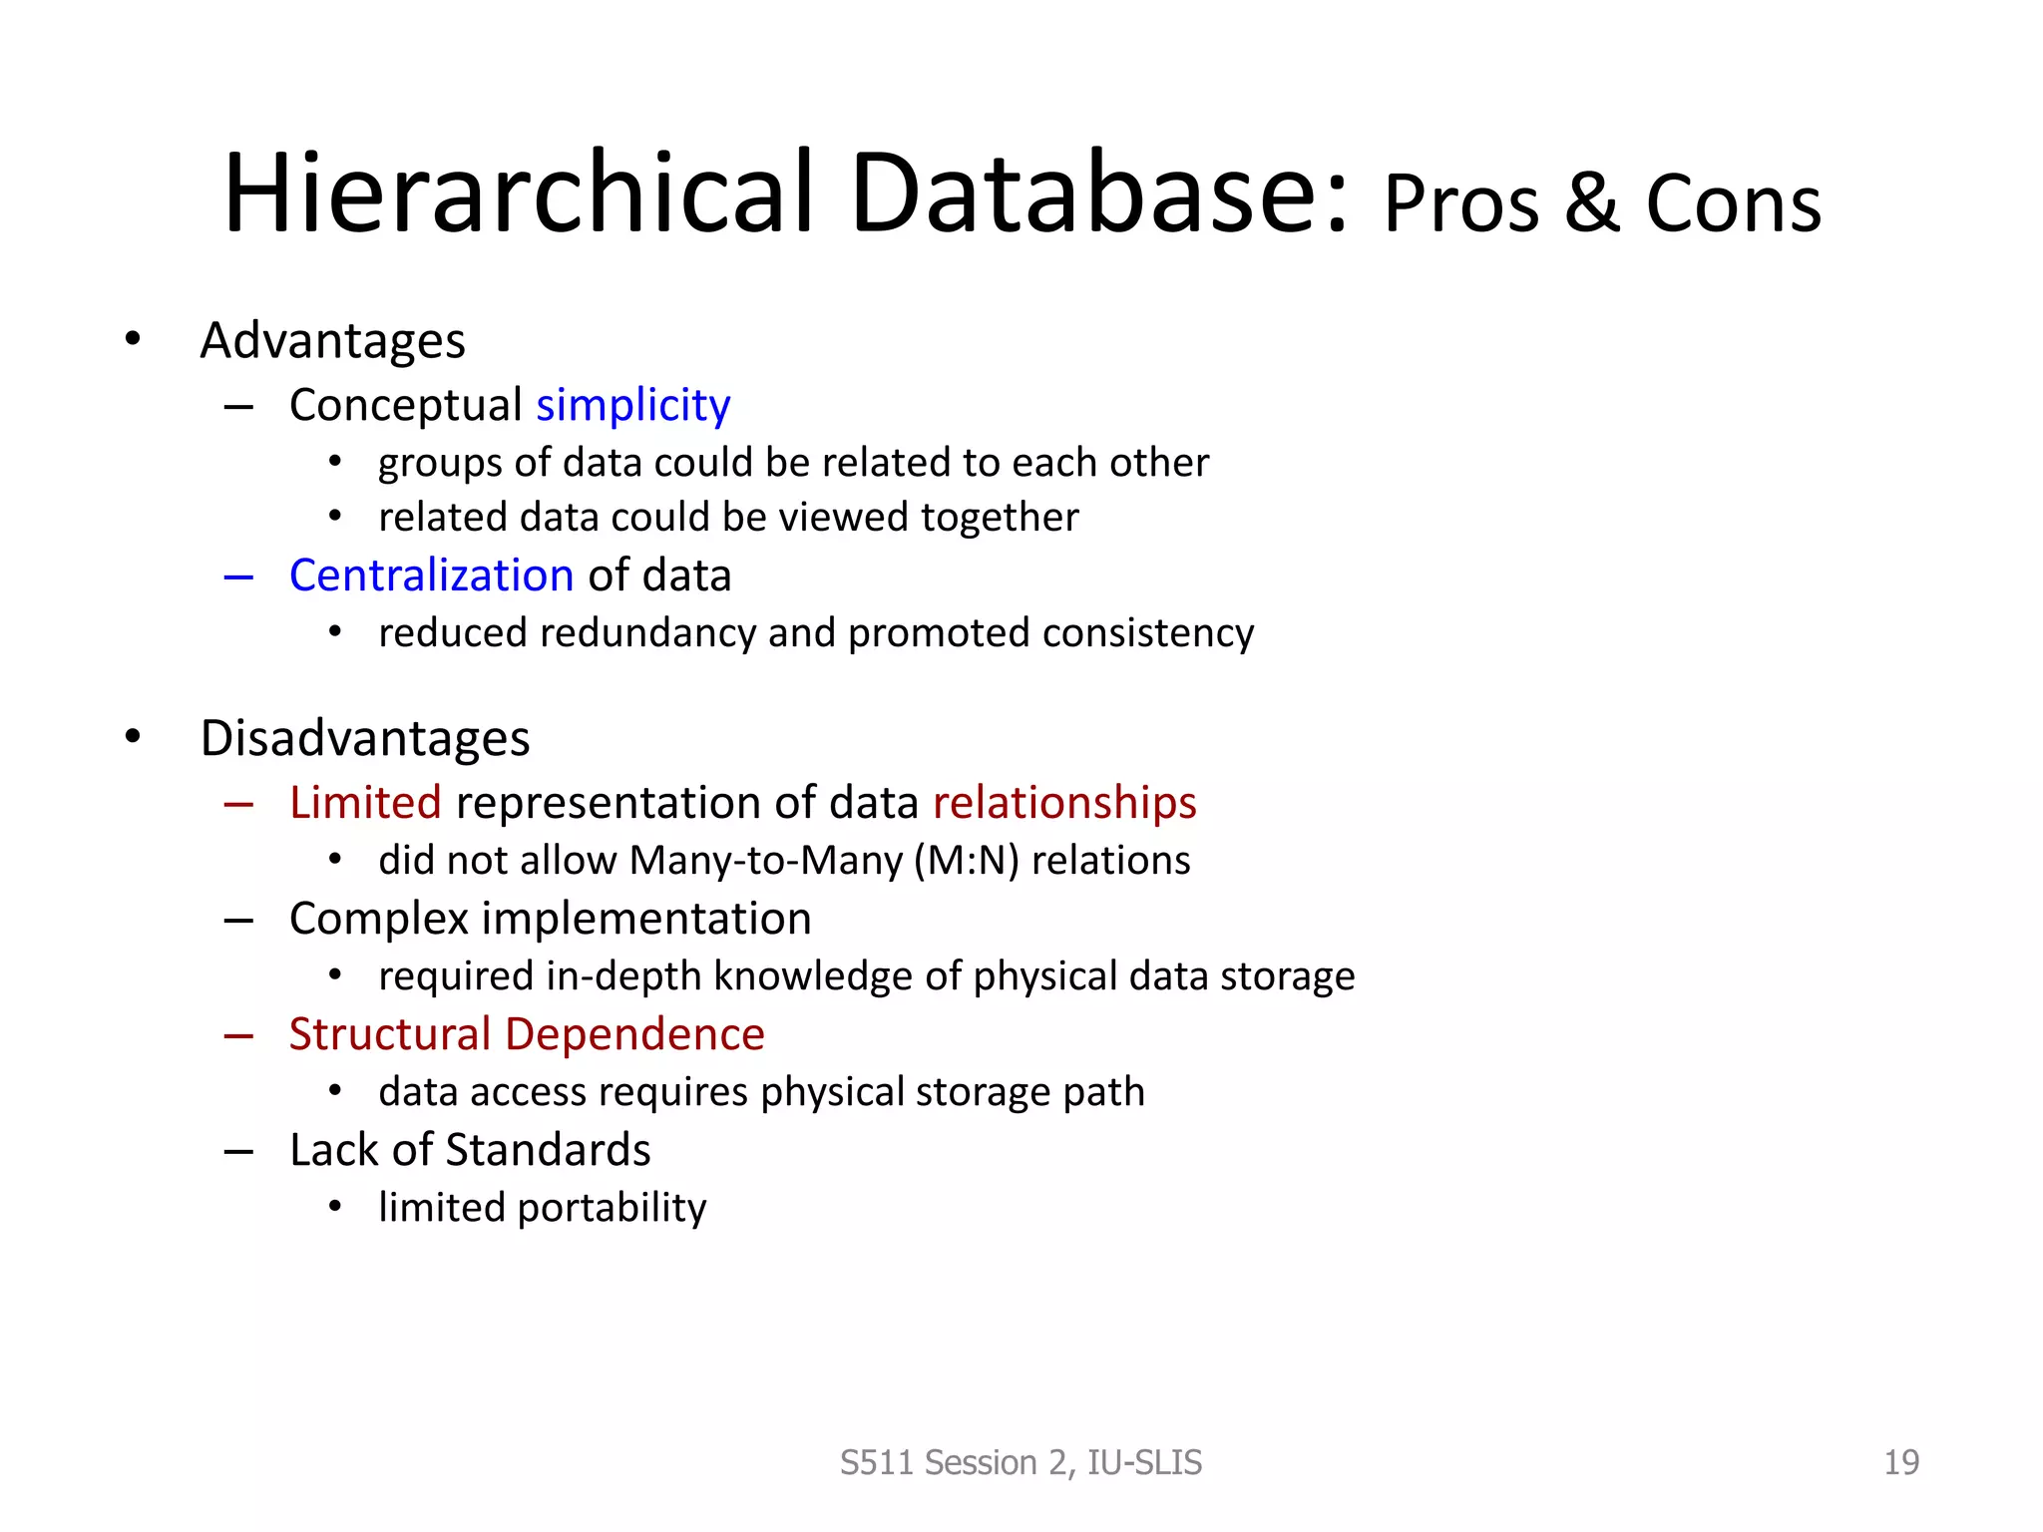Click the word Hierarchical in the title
pyautogui.click(x=519, y=193)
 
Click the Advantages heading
pyautogui.click(x=332, y=341)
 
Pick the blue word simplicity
pyautogui.click(x=632, y=405)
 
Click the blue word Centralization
pyautogui.click(x=431, y=575)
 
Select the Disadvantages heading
pyautogui.click(x=364, y=739)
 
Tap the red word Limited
pyautogui.click(x=365, y=803)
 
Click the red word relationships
pyautogui.click(x=1063, y=803)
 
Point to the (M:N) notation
pyautogui.click(x=966, y=861)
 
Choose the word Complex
pyautogui.click(x=378, y=919)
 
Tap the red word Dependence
pyautogui.click(x=634, y=1034)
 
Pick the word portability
pyautogui.click(x=612, y=1208)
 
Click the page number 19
pyautogui.click(x=1900, y=1462)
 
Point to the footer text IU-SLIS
pyautogui.click(x=1144, y=1462)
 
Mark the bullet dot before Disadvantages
pyautogui.click(x=133, y=737)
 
